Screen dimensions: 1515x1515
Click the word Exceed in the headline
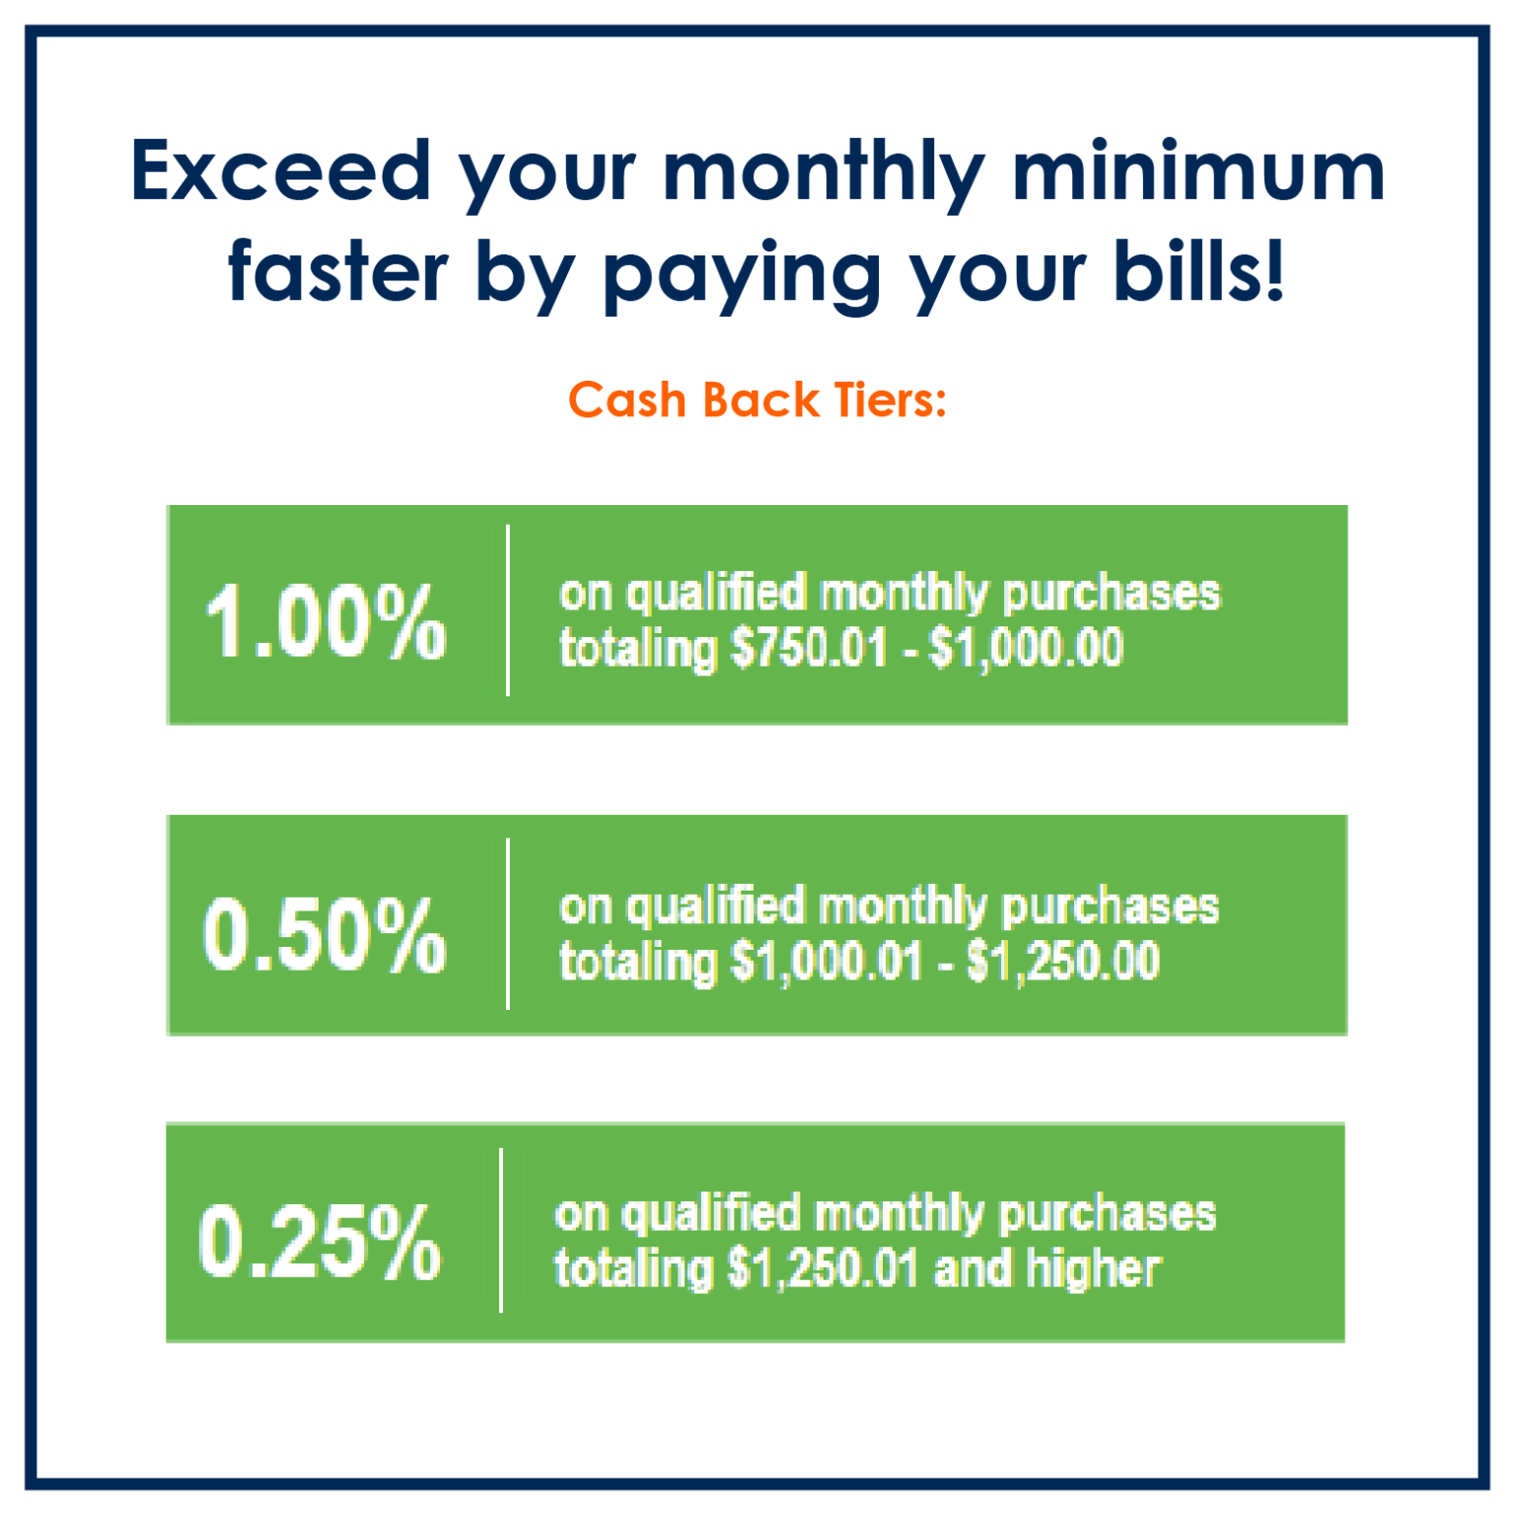click(281, 171)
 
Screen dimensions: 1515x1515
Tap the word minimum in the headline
click(1198, 171)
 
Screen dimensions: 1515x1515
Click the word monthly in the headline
click(825, 176)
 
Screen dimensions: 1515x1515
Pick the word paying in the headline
click(742, 279)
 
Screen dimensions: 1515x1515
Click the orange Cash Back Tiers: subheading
click(757, 399)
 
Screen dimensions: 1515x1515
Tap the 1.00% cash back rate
click(325, 620)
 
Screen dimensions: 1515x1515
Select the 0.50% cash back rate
click(325, 934)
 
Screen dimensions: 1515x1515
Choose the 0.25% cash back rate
click(320, 1242)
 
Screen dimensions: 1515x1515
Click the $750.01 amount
click(810, 649)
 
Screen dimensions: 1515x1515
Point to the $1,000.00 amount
click(1027, 649)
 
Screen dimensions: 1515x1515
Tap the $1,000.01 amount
click(827, 962)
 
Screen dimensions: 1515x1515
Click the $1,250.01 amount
click(823, 1269)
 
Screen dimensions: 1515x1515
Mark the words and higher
click(1047, 1268)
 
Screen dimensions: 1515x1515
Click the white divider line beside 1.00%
click(508, 611)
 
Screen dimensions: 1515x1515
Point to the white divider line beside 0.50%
click(508, 924)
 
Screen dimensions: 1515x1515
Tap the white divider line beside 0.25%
click(501, 1231)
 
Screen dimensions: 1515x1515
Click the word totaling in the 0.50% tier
click(638, 963)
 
